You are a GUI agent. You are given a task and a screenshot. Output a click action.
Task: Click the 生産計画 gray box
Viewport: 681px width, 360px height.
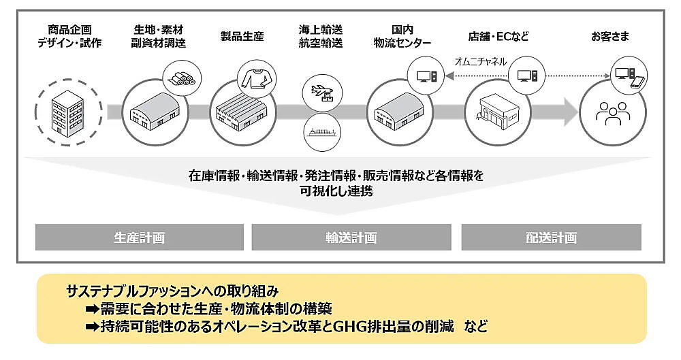pos(139,238)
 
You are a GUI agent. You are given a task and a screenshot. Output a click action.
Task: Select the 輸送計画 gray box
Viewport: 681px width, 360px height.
pos(351,238)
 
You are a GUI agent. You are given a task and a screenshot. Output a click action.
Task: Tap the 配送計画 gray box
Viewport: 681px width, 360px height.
pos(551,238)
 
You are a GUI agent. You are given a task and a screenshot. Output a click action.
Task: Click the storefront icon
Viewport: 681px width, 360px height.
pos(501,112)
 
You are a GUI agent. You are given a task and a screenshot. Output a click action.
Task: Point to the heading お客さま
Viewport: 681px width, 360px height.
pos(610,36)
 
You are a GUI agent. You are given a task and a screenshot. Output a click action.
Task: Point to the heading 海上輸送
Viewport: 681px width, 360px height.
pos(320,30)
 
